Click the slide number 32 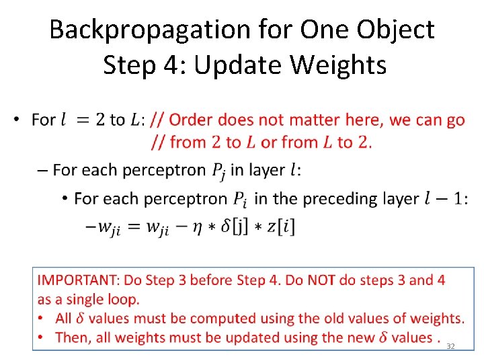451,346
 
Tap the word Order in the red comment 190,120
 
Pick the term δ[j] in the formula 245,227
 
